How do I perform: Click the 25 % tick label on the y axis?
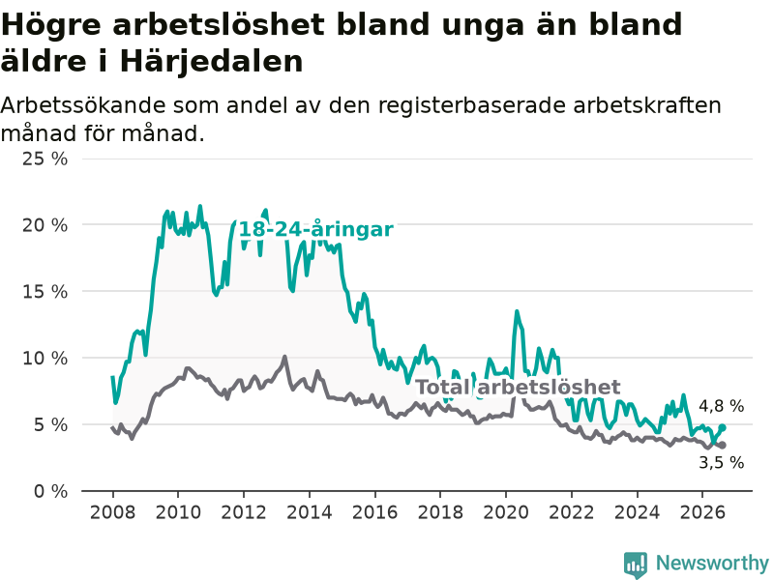point(45,159)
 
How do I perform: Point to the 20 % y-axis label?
point(45,225)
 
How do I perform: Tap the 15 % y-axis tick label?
point(45,292)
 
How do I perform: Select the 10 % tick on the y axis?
point(45,358)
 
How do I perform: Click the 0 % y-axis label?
point(51,491)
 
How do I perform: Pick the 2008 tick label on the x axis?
point(112,512)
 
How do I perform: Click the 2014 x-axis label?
point(310,512)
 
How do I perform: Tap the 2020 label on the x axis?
point(506,512)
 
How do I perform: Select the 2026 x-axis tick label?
point(702,512)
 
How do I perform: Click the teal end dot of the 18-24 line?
point(722,427)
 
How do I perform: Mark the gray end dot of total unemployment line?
point(722,445)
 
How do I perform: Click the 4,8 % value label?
point(721,406)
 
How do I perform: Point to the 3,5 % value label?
point(721,463)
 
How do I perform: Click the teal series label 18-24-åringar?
point(316,230)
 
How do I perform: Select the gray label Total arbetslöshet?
point(518,388)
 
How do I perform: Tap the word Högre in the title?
point(51,25)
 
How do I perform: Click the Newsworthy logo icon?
point(636,565)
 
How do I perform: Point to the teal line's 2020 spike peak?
point(517,311)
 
